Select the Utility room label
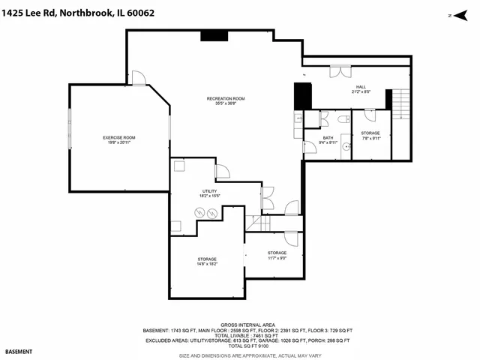[x=209, y=192]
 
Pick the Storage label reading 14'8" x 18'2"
[x=197, y=260]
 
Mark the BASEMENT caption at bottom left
[x=19, y=351]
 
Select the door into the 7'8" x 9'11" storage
[x=368, y=115]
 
